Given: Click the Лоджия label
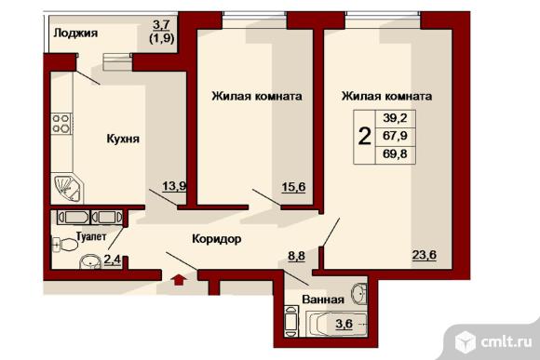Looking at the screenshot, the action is click(x=75, y=33).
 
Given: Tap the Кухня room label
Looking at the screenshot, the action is click(x=123, y=139).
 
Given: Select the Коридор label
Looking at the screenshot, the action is click(x=217, y=238).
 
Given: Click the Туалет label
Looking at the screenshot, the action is click(x=91, y=236).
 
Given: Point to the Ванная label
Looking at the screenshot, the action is click(x=323, y=300).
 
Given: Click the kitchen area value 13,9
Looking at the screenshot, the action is click(x=174, y=186).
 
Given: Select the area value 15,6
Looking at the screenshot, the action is click(x=293, y=187).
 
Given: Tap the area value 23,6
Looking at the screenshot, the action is click(x=425, y=255).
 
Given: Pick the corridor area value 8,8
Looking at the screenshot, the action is click(x=296, y=256).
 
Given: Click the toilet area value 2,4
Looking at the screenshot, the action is click(x=113, y=260).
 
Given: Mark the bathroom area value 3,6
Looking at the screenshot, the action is click(x=344, y=324).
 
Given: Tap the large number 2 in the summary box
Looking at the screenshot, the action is click(x=365, y=137).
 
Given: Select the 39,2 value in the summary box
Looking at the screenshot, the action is click(x=395, y=118).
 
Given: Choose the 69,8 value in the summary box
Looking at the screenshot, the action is click(x=395, y=153).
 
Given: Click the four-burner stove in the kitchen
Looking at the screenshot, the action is click(x=61, y=124).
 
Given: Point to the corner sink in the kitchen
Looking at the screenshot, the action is click(x=67, y=189).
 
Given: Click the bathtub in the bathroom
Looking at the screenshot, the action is click(x=337, y=324).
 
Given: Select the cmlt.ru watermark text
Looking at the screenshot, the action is click(x=506, y=341).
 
